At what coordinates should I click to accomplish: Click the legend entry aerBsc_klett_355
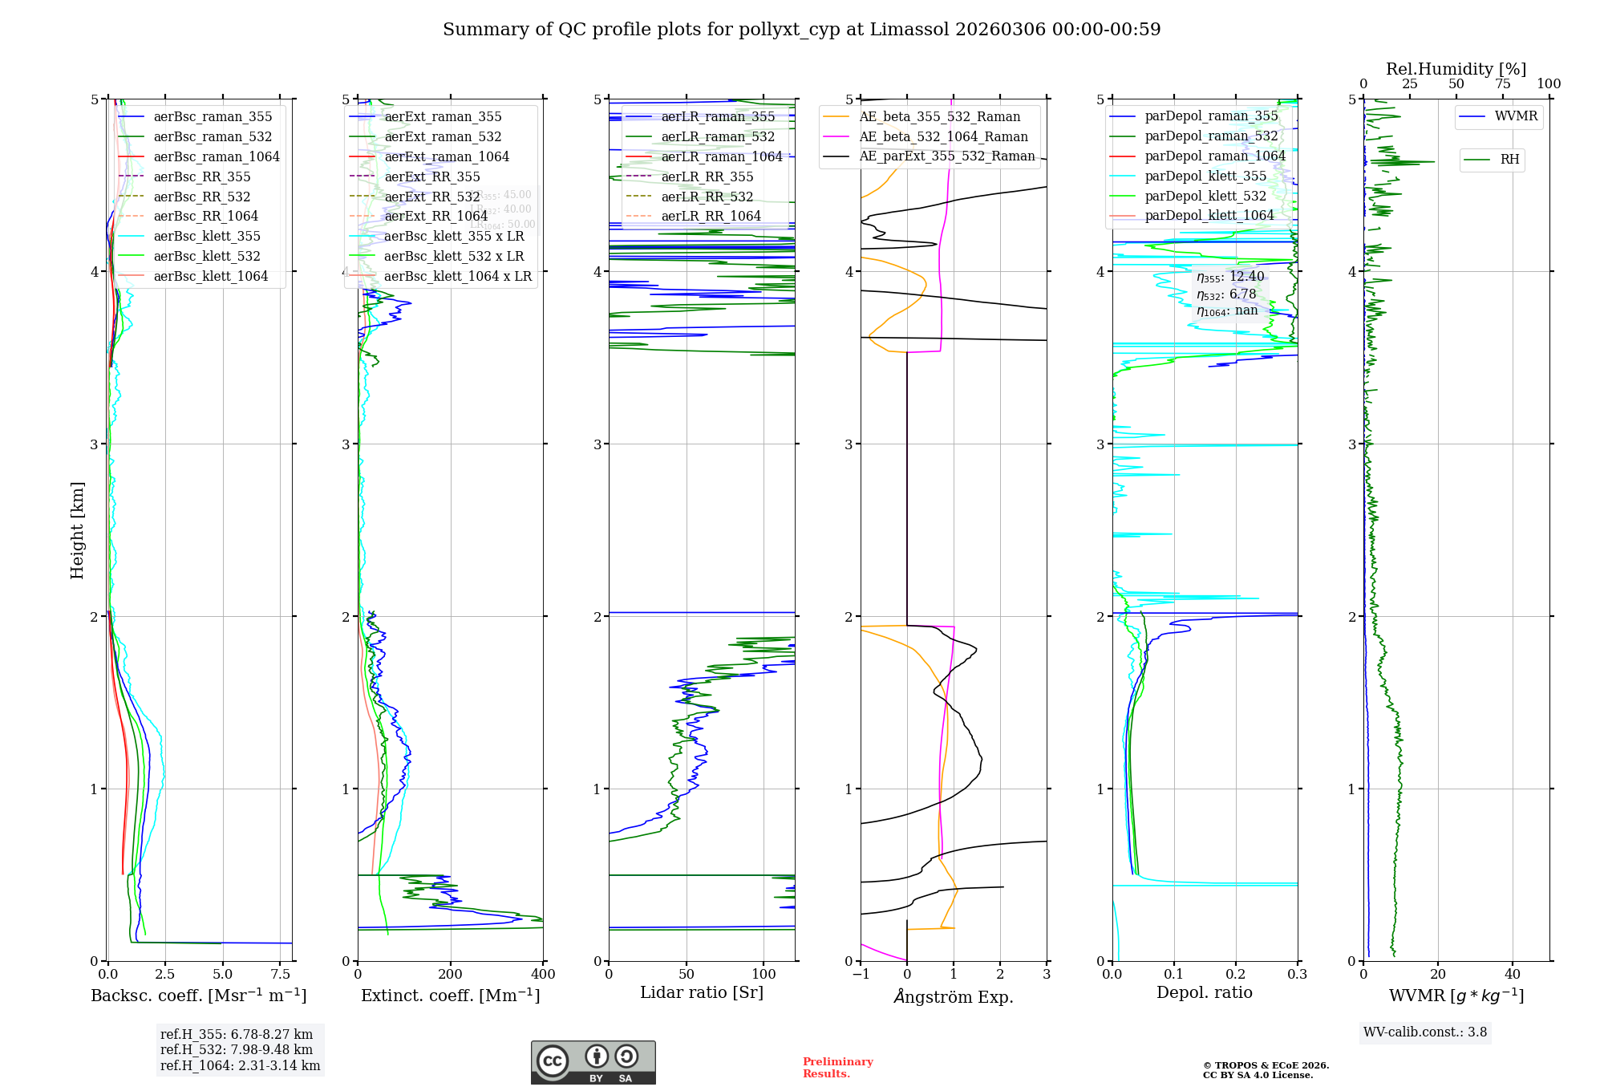pyautogui.click(x=207, y=237)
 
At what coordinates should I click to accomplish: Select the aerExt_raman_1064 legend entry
pyautogui.click(x=447, y=157)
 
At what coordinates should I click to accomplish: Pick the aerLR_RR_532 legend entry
pyautogui.click(x=707, y=197)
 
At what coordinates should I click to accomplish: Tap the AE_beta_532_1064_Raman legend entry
pyautogui.click(x=943, y=137)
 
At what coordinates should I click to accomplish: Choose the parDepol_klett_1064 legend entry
pyautogui.click(x=1209, y=216)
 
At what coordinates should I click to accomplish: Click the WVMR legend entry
pyautogui.click(x=1516, y=116)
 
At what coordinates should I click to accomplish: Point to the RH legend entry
pyautogui.click(x=1509, y=160)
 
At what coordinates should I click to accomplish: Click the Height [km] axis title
pyautogui.click(x=77, y=530)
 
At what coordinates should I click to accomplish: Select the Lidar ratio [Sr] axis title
pyautogui.click(x=702, y=993)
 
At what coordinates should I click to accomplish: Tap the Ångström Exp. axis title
pyautogui.click(x=954, y=997)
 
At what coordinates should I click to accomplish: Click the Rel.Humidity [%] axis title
pyautogui.click(x=1456, y=69)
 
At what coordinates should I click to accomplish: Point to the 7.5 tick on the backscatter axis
pyautogui.click(x=281, y=975)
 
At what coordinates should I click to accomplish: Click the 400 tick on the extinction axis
pyautogui.click(x=543, y=975)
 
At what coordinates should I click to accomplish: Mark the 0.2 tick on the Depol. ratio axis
pyautogui.click(x=1236, y=975)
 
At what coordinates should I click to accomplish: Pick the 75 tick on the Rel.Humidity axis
pyautogui.click(x=1503, y=84)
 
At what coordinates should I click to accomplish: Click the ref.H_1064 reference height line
pyautogui.click(x=240, y=1066)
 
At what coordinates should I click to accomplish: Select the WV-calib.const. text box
pyautogui.click(x=1425, y=1032)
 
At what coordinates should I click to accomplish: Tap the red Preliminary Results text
pyautogui.click(x=837, y=1068)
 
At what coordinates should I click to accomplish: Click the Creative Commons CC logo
pyautogui.click(x=553, y=1061)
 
